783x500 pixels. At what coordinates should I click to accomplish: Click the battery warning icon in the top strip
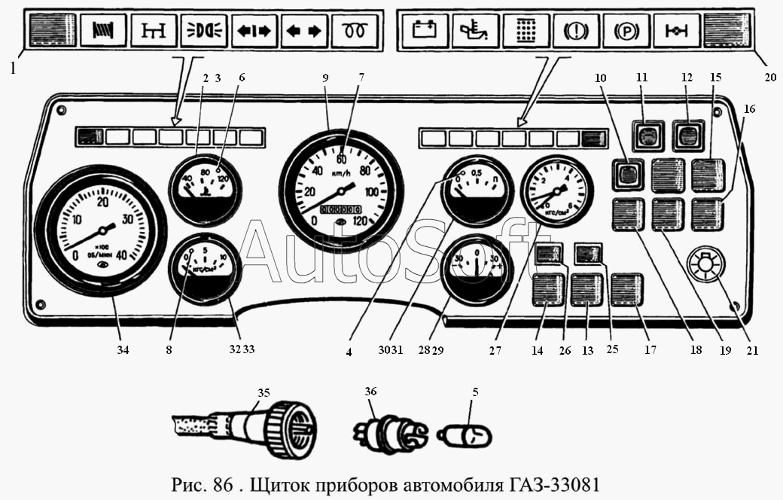pyautogui.click(x=425, y=32)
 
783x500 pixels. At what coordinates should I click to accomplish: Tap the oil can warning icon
pyautogui.click(x=475, y=32)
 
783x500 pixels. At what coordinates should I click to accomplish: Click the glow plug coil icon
pyautogui.click(x=355, y=32)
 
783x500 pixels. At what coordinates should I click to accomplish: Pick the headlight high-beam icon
pyautogui.click(x=204, y=32)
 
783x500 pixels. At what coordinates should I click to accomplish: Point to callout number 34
pyautogui.click(x=123, y=349)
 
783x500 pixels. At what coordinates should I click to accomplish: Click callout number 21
pyautogui.click(x=752, y=349)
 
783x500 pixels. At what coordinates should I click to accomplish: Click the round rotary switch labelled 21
pyautogui.click(x=706, y=267)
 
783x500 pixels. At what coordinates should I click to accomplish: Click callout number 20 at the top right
pyautogui.click(x=770, y=77)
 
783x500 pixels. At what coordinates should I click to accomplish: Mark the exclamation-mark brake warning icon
pyautogui.click(x=575, y=32)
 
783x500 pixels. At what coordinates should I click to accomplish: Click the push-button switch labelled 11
pyautogui.click(x=645, y=136)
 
